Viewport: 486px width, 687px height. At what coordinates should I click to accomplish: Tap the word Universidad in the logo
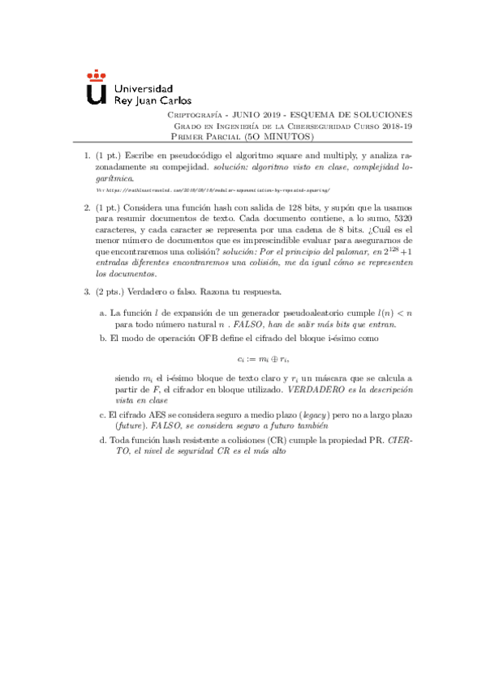click(x=144, y=88)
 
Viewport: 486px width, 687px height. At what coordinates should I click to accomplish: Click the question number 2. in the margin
click(x=88, y=207)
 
